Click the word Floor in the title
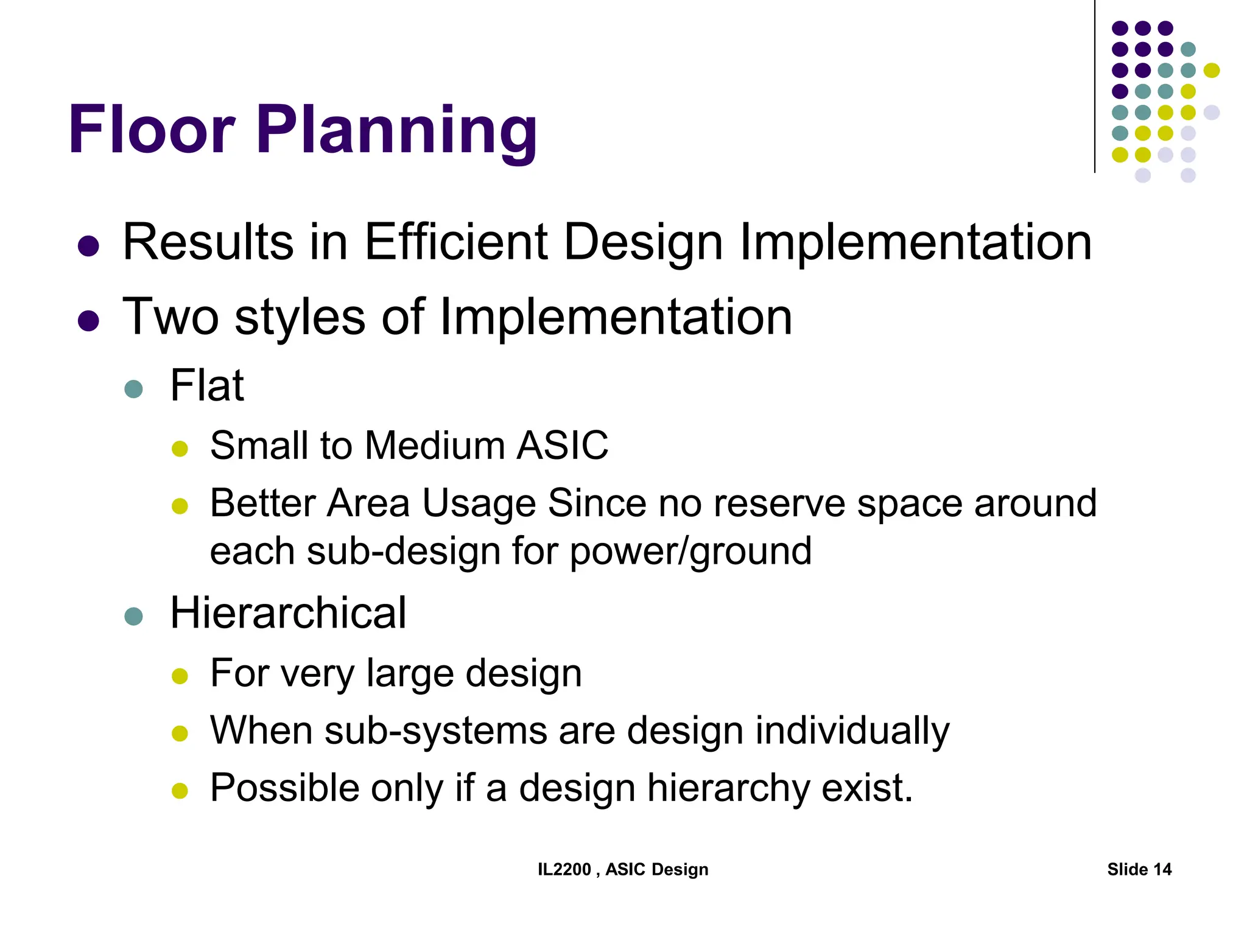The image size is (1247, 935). click(152, 130)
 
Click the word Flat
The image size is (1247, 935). click(207, 386)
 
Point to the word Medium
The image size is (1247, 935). click(435, 446)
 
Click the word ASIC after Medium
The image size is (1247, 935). click(562, 446)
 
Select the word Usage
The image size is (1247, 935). click(479, 504)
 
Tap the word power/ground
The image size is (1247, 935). click(690, 552)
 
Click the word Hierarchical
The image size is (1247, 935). click(288, 613)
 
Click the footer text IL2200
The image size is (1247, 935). click(564, 869)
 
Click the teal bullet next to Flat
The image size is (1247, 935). click(133, 389)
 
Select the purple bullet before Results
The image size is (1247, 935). click(89, 246)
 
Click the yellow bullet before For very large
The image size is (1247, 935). click(180, 676)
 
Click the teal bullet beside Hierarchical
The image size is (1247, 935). click(133, 616)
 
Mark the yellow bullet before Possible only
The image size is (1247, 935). click(180, 791)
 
